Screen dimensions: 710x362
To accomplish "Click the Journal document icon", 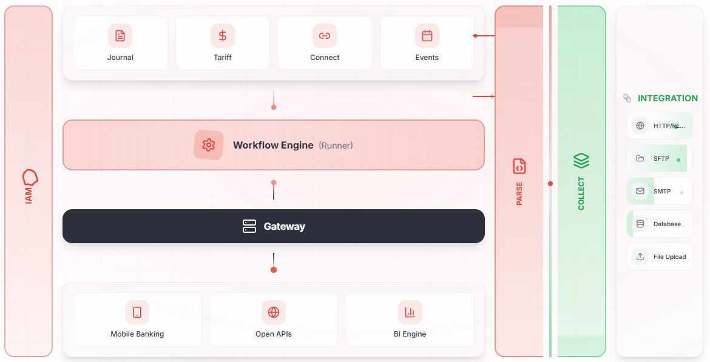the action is (x=120, y=36).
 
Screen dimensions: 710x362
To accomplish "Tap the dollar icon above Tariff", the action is (x=222, y=36).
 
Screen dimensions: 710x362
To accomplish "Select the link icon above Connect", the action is (x=325, y=36).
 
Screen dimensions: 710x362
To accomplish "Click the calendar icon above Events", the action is (x=427, y=36).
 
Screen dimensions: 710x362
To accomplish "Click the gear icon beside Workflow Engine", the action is (x=209, y=146).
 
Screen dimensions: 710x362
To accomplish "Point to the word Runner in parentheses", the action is (x=336, y=146).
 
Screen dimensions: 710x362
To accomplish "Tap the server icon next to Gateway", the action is (x=249, y=226).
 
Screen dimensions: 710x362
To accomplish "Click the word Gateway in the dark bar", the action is (x=285, y=226).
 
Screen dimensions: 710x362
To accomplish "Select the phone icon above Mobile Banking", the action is (x=137, y=312).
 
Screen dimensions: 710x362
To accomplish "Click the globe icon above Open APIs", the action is (x=274, y=312).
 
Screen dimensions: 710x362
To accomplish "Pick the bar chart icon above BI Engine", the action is (x=410, y=312).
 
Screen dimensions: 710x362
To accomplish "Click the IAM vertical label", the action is (x=29, y=196).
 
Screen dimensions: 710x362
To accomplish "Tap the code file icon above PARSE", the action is (x=519, y=166).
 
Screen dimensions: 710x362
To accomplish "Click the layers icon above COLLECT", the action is (x=581, y=160).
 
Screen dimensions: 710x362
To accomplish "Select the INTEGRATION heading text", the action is (x=668, y=98).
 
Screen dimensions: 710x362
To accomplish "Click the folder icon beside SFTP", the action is (x=640, y=158).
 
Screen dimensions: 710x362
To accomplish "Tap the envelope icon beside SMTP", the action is (x=640, y=192).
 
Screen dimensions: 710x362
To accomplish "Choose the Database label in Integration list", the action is (x=667, y=224).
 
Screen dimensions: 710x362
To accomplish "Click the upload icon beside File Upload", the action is (x=640, y=256).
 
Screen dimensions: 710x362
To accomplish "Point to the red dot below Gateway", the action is (x=274, y=270).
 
